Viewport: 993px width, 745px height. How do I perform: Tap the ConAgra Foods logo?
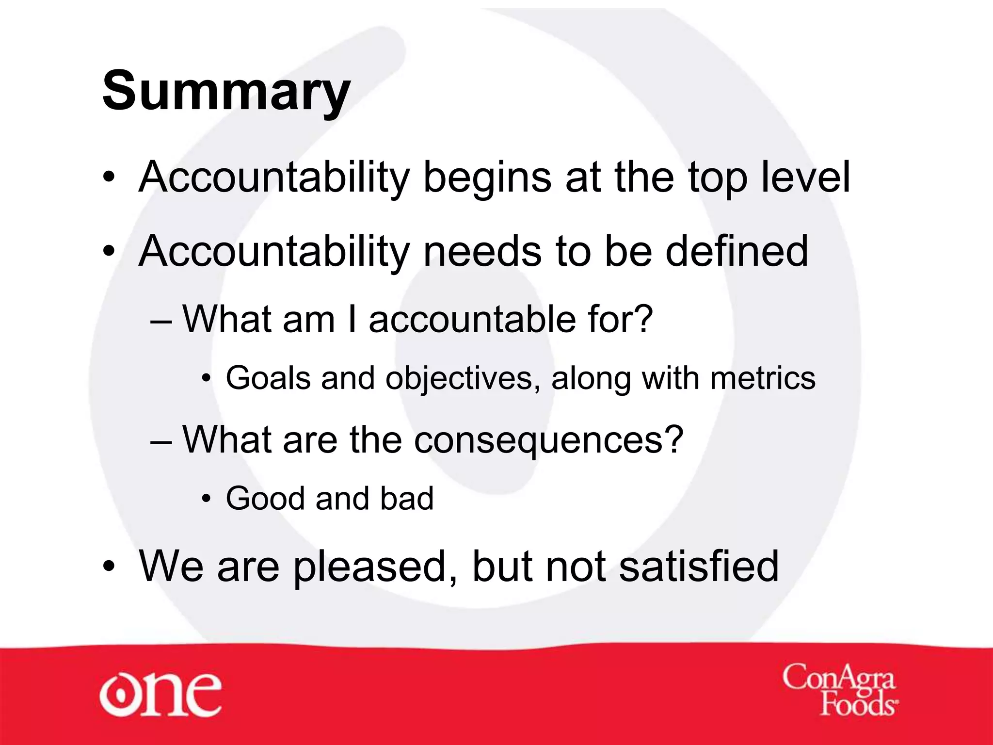[x=839, y=691]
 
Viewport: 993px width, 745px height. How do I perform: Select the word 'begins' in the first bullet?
[x=487, y=178]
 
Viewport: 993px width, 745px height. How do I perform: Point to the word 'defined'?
[x=737, y=251]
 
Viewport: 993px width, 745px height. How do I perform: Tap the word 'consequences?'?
[x=548, y=440]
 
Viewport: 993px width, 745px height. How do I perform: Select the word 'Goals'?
[x=268, y=378]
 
